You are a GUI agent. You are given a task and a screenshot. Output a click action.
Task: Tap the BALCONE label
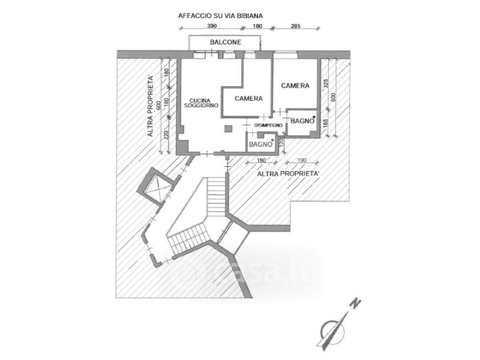(x=226, y=43)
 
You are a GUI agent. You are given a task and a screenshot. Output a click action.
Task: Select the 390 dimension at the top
(x=212, y=26)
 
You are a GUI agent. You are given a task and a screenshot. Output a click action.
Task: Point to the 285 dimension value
(x=295, y=26)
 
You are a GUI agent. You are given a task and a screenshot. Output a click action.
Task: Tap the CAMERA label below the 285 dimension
(x=295, y=86)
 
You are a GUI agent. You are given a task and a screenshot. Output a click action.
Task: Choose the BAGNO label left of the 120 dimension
(x=261, y=145)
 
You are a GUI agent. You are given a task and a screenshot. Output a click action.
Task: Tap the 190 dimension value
(x=301, y=161)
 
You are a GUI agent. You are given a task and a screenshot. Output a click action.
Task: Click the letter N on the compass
(x=355, y=304)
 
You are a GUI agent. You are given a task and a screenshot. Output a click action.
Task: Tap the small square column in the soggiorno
(x=228, y=128)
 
